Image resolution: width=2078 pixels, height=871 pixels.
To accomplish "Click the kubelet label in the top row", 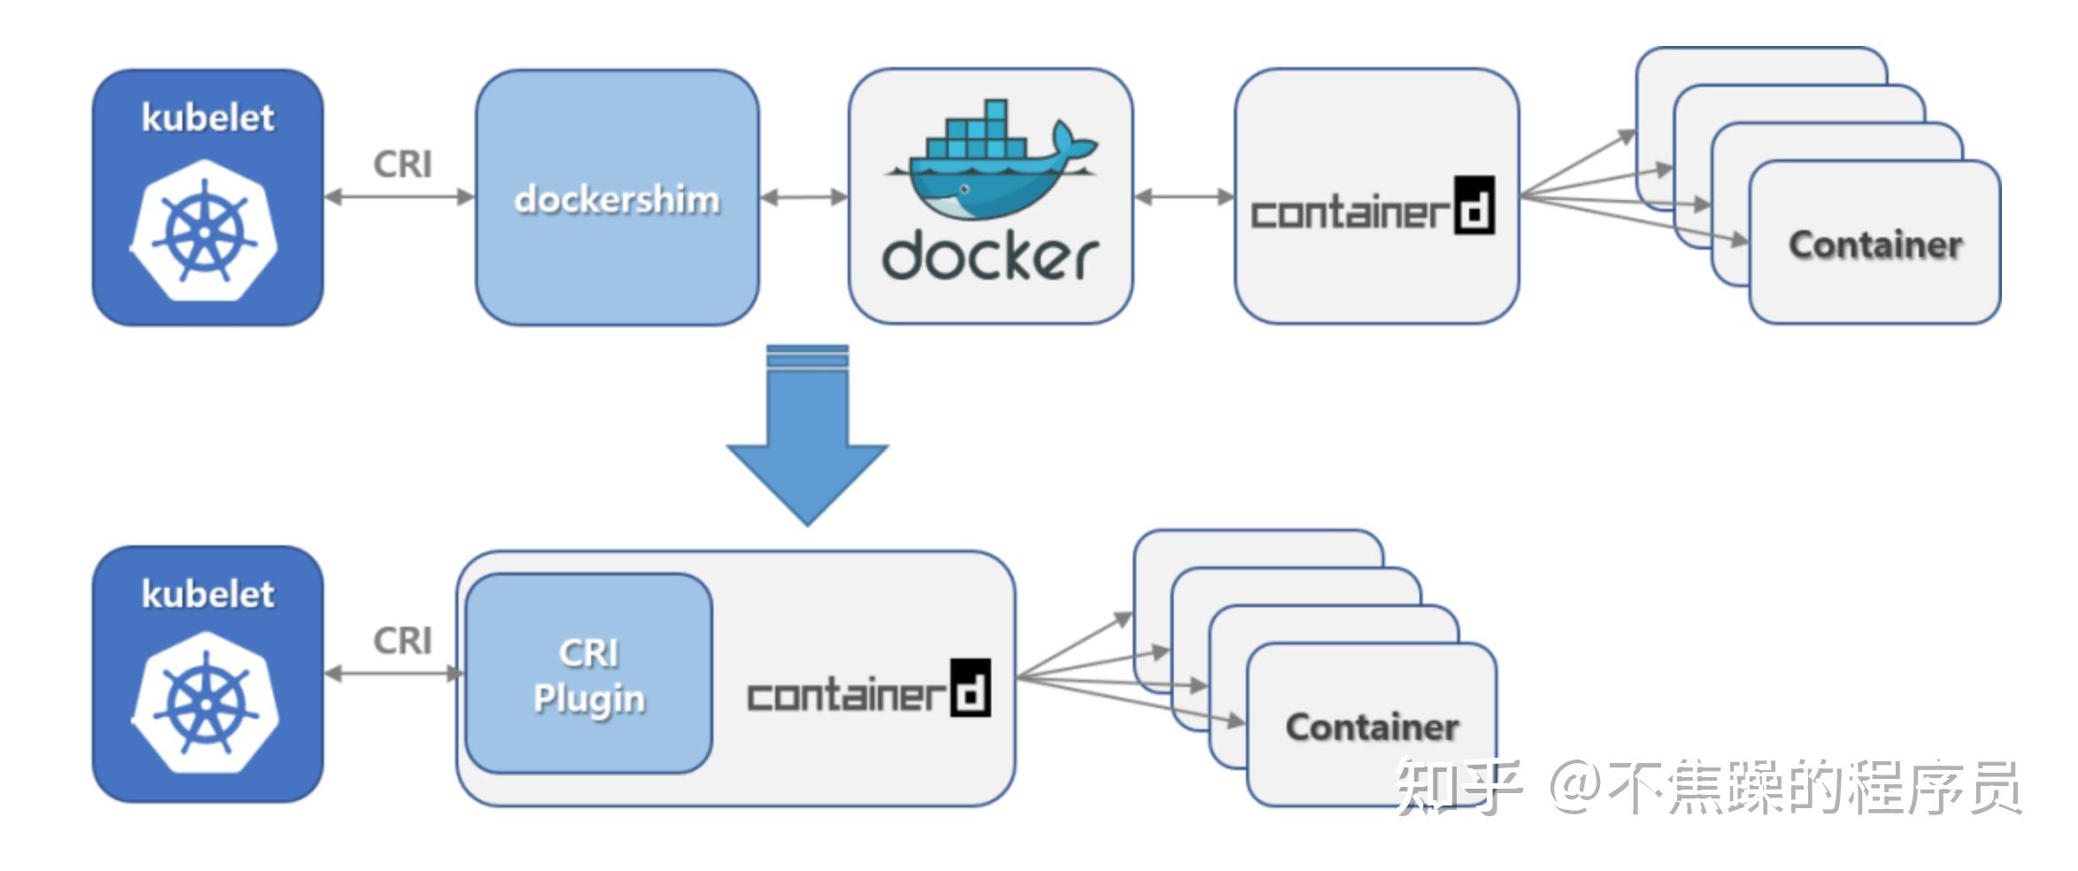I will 208,118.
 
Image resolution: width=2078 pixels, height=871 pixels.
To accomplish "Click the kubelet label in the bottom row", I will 208,594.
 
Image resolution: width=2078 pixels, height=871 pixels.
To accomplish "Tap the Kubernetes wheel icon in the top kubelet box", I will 204,231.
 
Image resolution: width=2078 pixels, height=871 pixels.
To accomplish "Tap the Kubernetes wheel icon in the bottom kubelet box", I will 205,703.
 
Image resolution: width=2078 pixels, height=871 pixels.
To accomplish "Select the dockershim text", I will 617,199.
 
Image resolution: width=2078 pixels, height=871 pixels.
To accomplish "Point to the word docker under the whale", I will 989,257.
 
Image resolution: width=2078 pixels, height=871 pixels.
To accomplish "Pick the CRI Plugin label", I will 589,675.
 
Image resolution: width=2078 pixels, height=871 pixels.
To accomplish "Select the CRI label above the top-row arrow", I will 403,165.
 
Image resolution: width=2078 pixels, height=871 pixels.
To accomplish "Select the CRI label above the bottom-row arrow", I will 403,641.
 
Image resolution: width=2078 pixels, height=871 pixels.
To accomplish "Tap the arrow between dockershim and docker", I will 804,197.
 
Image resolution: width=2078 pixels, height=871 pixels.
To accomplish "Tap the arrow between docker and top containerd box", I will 1183,197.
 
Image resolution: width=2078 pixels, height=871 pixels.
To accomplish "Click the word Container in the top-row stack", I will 1875,245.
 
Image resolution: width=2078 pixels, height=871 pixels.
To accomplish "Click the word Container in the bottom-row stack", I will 1372,728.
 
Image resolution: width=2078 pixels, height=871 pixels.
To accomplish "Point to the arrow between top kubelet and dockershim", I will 399,197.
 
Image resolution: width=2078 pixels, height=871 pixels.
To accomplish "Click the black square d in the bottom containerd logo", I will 970,688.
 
